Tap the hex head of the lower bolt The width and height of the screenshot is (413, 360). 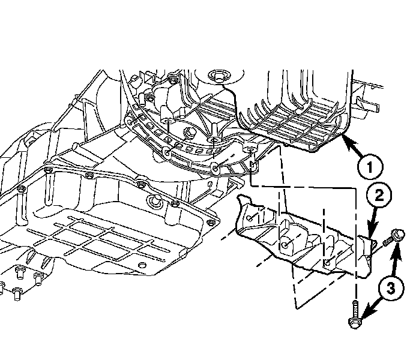click(x=354, y=323)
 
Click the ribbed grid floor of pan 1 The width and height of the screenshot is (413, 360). click(x=294, y=123)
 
